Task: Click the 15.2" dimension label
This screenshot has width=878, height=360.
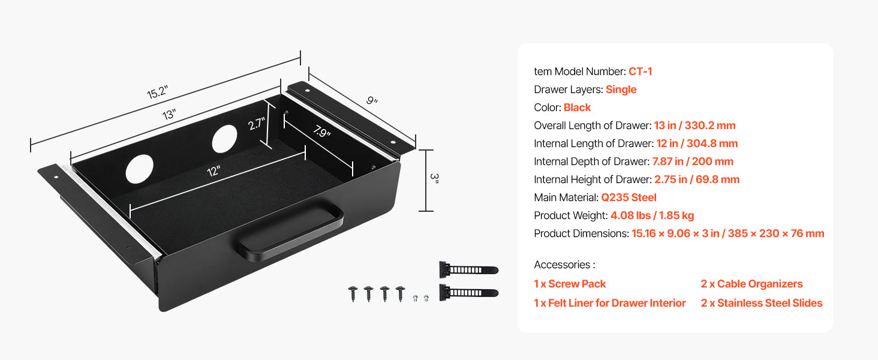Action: (157, 93)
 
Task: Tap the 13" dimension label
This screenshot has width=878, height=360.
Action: (169, 114)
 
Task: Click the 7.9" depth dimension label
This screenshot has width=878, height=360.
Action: (322, 132)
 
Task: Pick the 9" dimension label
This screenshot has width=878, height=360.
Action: (372, 101)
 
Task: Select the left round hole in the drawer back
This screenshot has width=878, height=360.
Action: (139, 169)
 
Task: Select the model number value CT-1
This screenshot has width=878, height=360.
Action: (640, 71)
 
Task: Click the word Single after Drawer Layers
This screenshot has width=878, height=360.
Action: (621, 89)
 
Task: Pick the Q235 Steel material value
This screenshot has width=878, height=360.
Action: (629, 197)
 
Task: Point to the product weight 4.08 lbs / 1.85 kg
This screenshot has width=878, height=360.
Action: (652, 215)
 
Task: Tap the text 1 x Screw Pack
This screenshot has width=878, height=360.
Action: (570, 284)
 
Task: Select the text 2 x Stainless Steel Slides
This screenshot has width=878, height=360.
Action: (762, 303)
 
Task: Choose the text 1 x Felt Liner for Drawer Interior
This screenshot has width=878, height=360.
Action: (609, 303)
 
